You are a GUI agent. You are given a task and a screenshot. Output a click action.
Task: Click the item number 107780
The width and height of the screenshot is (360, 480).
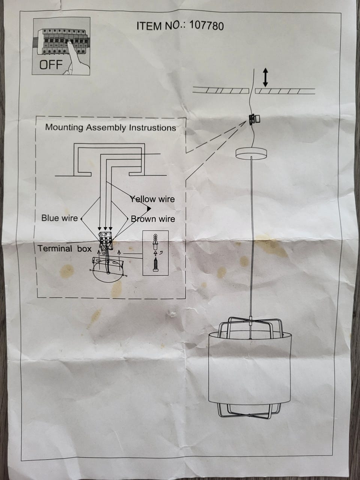point(207,25)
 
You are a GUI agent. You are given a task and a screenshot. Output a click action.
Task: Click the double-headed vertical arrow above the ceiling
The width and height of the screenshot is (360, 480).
point(265,78)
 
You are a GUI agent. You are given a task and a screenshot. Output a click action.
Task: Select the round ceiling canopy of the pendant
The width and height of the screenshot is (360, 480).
point(251,153)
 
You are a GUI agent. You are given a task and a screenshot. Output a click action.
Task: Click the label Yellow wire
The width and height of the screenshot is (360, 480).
point(153,199)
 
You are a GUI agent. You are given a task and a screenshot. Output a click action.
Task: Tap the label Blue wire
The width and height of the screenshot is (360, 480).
point(60,218)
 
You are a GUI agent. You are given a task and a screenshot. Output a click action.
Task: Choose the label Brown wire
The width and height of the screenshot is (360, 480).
point(153,219)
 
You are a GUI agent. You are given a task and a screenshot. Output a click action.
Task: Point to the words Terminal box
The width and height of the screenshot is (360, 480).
point(65,249)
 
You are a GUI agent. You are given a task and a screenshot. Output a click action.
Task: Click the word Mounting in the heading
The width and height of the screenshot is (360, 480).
point(64,127)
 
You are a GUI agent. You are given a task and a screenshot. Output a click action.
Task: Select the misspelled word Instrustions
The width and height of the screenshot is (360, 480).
point(153,127)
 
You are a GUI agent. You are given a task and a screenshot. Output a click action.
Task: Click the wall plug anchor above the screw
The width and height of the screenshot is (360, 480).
point(155,242)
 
